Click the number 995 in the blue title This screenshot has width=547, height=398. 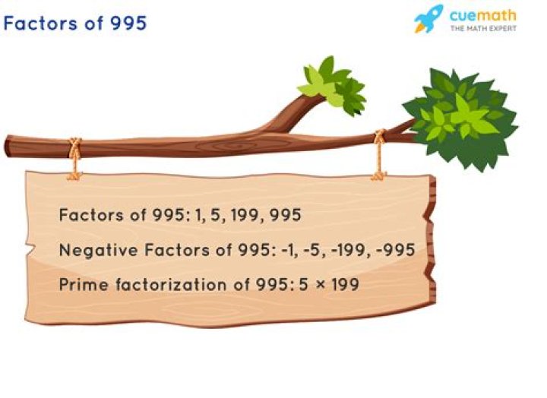(128, 24)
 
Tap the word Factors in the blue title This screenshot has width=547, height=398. (40, 24)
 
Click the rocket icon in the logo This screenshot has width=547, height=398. (428, 19)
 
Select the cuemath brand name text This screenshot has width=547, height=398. (483, 15)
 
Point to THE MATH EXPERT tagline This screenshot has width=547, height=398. (483, 29)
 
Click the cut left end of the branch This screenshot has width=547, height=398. (8, 146)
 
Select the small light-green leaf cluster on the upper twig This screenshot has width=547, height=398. (331, 86)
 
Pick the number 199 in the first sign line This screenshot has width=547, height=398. (243, 215)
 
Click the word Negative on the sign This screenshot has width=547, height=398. (98, 251)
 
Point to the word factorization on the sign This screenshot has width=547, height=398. (171, 285)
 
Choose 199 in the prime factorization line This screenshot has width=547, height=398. (345, 285)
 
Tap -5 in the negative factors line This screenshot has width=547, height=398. (311, 250)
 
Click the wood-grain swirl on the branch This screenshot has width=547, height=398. (229, 145)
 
